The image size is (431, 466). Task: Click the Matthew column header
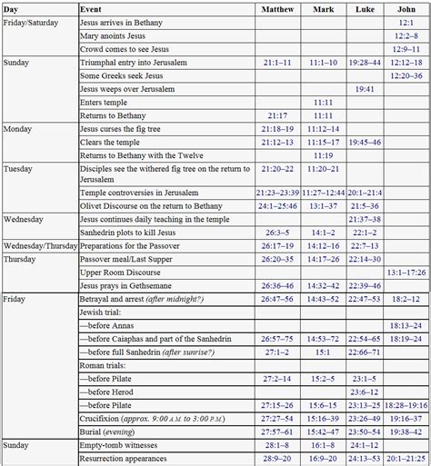[x=277, y=7]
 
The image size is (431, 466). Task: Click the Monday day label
[x=18, y=129]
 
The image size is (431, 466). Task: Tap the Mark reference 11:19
[x=323, y=155]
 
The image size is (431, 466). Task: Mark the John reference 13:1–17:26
[x=406, y=272]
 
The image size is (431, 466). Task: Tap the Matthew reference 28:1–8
[x=277, y=445]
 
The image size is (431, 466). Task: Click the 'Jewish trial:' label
[x=105, y=311]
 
